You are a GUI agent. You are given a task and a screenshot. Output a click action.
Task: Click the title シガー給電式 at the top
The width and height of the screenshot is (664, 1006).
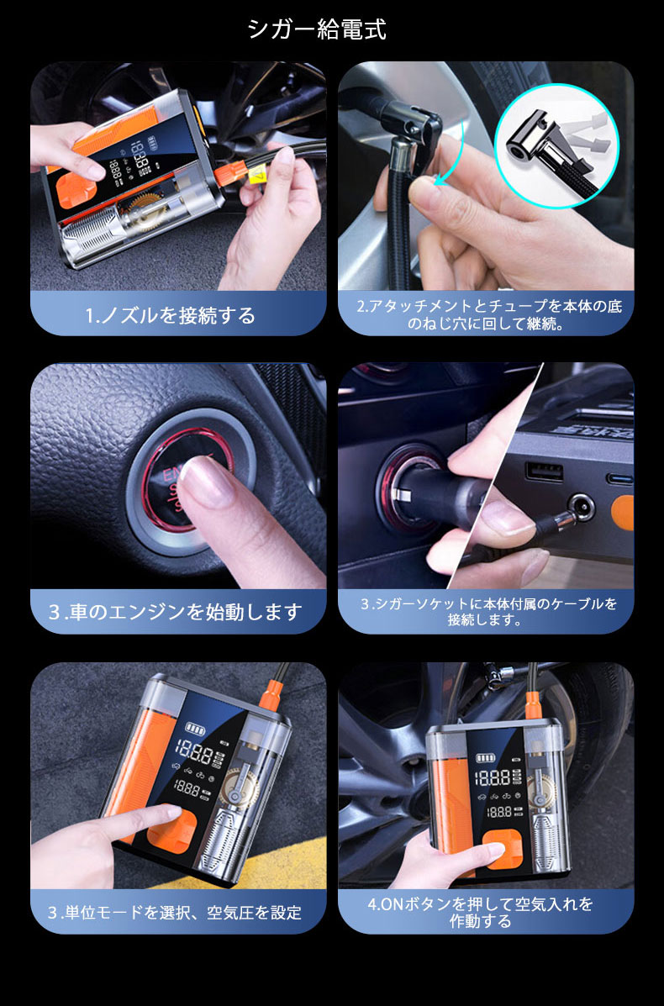click(x=317, y=29)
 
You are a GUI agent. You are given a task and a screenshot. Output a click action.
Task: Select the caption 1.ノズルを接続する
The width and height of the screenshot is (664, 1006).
click(x=171, y=315)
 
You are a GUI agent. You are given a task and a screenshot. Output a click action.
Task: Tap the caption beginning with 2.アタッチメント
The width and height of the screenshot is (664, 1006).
click(x=486, y=313)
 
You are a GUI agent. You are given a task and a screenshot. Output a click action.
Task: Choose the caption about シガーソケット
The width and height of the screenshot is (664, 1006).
click(x=487, y=611)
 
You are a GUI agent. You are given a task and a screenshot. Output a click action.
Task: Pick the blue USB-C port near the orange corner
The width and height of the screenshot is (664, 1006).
click(x=621, y=478)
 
